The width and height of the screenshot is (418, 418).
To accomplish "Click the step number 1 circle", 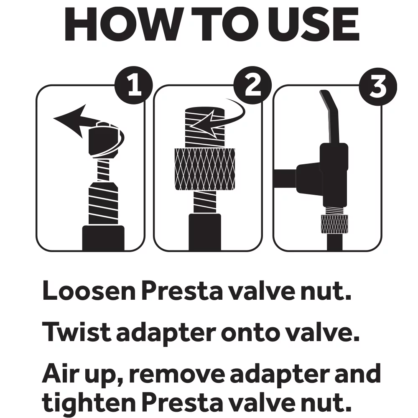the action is point(134,84).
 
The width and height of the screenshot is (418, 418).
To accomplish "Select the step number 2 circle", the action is point(252,84).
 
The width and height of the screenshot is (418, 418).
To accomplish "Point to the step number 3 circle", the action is point(378,87).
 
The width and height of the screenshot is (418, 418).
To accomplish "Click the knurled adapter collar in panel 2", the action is point(205,169).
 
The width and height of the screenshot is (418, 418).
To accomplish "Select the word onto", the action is point(247,334).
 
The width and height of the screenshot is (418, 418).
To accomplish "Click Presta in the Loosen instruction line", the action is point(181,291).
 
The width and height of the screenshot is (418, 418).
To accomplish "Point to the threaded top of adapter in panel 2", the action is point(205,127).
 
